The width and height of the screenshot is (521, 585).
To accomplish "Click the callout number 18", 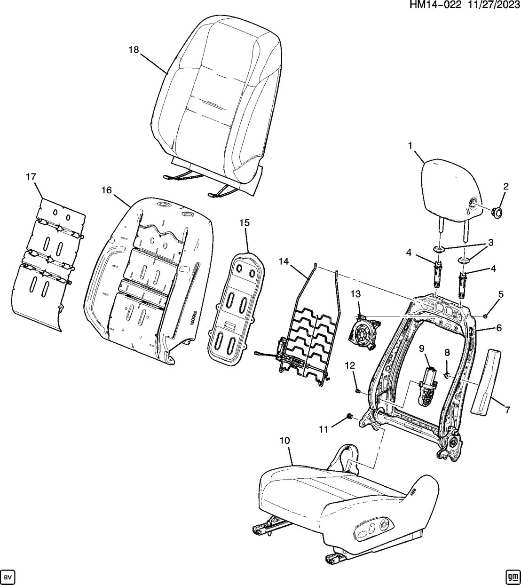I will pyautogui.click(x=134, y=50).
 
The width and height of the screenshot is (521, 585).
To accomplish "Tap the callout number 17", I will pyautogui.click(x=31, y=177).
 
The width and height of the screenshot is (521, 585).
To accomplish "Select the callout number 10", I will pyautogui.click(x=284, y=441).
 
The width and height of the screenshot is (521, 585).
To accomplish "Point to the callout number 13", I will pyautogui.click(x=355, y=294).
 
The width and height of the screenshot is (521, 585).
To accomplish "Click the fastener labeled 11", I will pyautogui.click(x=349, y=416).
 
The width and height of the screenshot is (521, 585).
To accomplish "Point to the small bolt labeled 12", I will pyautogui.click(x=358, y=390).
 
